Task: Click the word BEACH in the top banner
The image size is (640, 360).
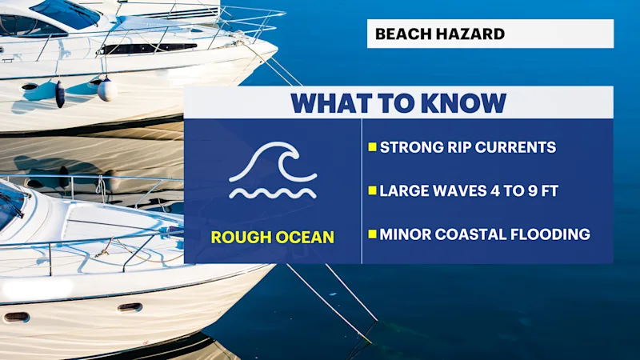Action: (x=404, y=34)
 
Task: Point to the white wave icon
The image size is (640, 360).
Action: (x=273, y=170)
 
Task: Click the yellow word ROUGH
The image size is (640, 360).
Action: (x=241, y=238)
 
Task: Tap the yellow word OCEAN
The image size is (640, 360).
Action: (x=305, y=238)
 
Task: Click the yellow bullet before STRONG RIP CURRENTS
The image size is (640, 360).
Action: (x=372, y=147)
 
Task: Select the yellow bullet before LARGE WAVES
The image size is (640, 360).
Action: (x=372, y=190)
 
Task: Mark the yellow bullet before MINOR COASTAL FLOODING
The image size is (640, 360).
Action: (x=372, y=234)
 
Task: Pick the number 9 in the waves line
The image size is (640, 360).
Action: (x=533, y=191)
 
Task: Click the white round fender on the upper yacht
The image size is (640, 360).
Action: (x=107, y=90)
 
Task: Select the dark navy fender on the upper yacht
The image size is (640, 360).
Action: (x=60, y=94)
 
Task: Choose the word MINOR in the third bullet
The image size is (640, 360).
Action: (x=405, y=234)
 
